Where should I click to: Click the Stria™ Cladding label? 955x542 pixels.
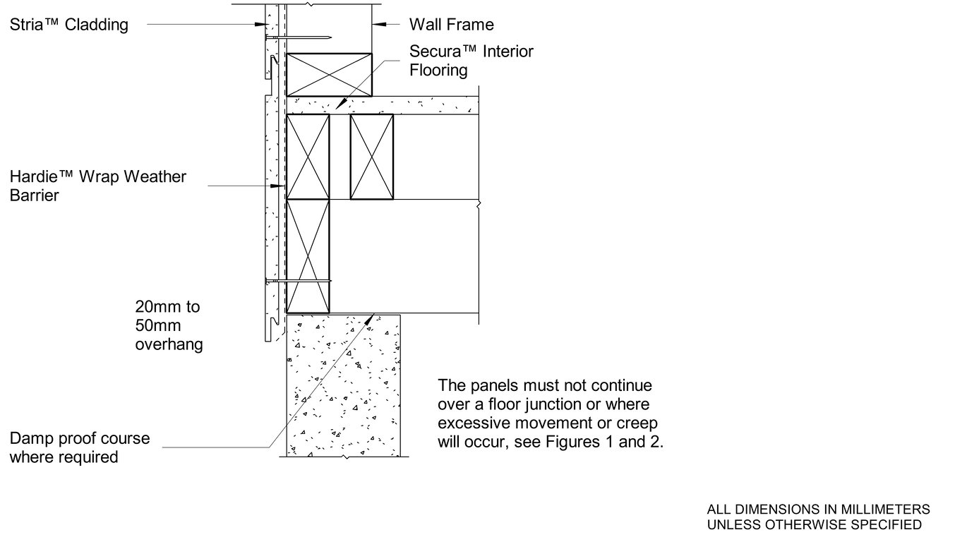coord(68,25)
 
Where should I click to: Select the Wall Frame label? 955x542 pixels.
coord(452,25)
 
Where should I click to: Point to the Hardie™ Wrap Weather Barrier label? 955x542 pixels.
coord(97,186)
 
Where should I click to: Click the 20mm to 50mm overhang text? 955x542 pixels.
coord(169,326)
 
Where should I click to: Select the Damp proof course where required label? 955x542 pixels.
coord(80,447)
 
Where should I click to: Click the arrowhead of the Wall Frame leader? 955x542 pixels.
coord(378,25)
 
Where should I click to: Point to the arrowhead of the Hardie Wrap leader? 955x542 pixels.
coord(280,186)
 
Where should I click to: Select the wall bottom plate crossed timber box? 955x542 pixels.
coord(329,74)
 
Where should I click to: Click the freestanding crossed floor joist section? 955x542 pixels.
coord(372,157)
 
